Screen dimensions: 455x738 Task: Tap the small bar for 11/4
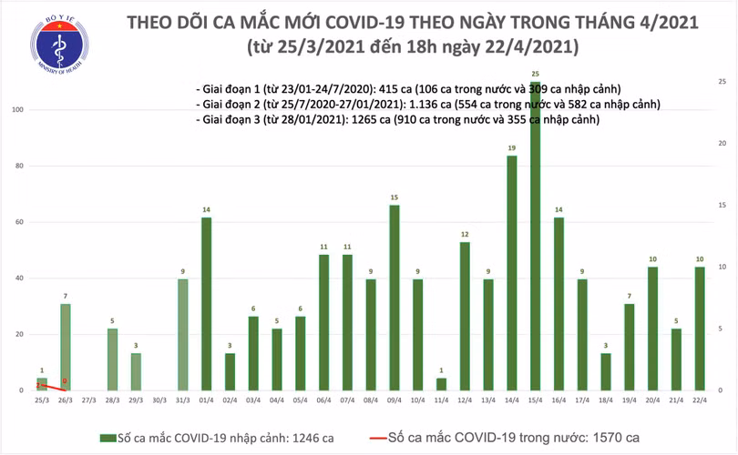[x=441, y=384]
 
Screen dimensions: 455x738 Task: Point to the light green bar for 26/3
[x=65, y=346]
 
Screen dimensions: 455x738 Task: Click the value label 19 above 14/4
[x=511, y=147]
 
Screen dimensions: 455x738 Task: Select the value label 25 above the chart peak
[x=535, y=73]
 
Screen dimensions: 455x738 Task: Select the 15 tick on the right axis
[x=721, y=206]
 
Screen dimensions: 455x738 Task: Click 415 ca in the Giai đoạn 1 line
[x=394, y=89]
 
